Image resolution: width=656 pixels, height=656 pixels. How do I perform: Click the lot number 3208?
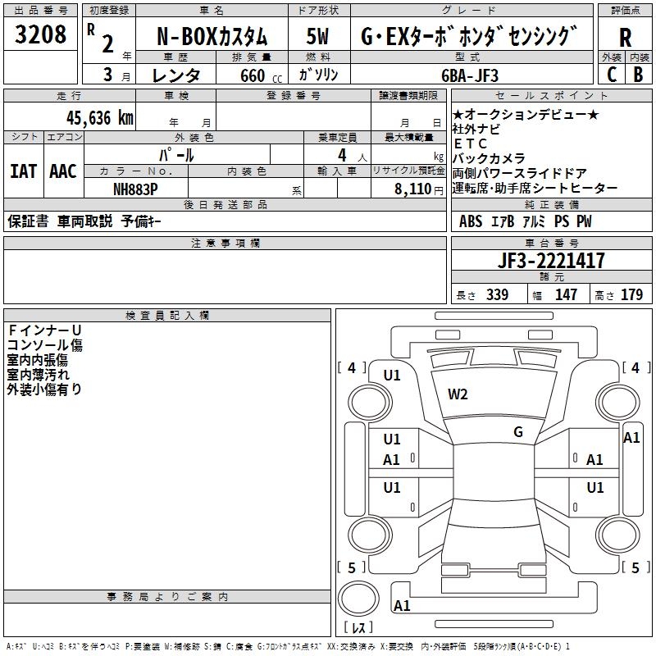click(x=40, y=34)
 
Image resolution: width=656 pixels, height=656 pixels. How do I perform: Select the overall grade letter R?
click(x=625, y=38)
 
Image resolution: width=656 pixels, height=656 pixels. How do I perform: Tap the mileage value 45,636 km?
click(x=100, y=118)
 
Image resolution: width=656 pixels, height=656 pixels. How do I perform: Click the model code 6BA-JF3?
click(x=470, y=75)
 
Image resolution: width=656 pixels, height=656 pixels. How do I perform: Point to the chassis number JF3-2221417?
click(x=551, y=261)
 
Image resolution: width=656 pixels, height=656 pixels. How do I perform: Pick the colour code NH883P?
click(x=135, y=189)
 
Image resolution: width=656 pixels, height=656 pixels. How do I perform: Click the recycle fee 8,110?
click(x=413, y=189)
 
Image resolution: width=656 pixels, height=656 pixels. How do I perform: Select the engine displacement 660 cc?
click(x=261, y=75)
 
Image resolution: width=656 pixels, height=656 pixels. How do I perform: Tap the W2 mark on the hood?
click(x=458, y=394)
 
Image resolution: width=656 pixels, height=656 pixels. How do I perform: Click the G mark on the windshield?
click(x=518, y=432)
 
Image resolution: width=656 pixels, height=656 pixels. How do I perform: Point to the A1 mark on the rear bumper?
click(x=402, y=605)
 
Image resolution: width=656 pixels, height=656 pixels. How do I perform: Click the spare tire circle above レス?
click(x=358, y=599)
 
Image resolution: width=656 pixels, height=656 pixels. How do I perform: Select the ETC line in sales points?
click(x=470, y=143)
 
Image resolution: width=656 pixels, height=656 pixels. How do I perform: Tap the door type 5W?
click(x=317, y=36)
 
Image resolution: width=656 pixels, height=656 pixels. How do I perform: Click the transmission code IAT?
click(x=23, y=171)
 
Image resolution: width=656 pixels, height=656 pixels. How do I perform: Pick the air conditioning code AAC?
click(x=63, y=171)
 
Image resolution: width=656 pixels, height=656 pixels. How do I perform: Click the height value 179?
click(x=631, y=294)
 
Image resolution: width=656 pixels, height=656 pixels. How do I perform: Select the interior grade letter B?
click(x=638, y=75)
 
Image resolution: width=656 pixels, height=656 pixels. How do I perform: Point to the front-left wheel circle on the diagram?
click(x=370, y=403)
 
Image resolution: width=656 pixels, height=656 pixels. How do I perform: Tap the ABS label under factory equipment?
click(x=471, y=221)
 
